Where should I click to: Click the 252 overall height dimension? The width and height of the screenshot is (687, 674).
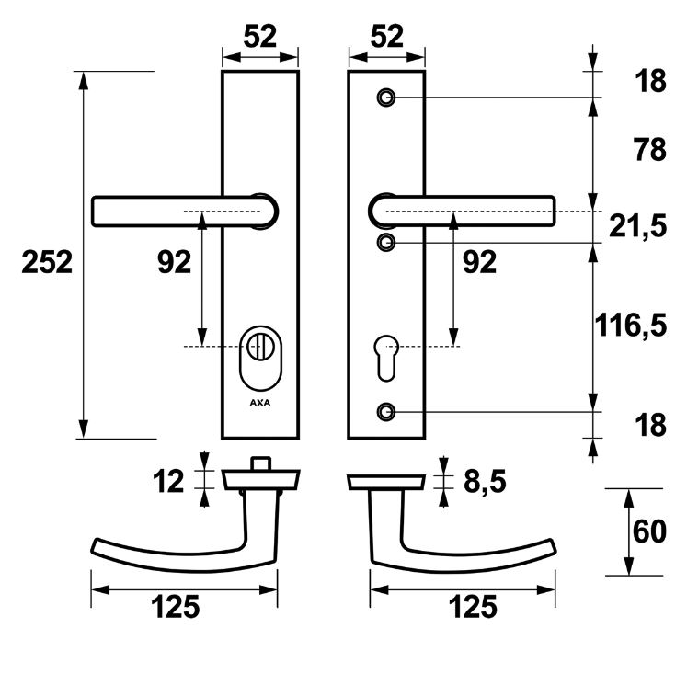[x=46, y=263]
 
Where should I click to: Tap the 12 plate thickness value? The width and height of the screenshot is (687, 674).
[x=170, y=480]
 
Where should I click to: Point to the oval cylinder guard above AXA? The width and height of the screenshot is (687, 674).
[x=260, y=359]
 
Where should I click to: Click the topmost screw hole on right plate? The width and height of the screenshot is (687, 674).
[x=387, y=97]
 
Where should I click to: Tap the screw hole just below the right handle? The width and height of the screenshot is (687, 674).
[x=387, y=242]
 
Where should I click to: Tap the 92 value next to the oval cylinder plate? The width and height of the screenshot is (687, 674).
[x=175, y=263]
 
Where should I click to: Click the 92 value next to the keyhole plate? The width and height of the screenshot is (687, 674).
[x=478, y=263]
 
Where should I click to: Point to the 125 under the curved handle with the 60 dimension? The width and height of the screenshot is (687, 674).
[x=473, y=606]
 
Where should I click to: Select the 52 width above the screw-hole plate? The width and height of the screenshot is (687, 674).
[x=387, y=37]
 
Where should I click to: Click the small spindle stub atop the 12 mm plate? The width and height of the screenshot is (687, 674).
[x=263, y=462]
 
